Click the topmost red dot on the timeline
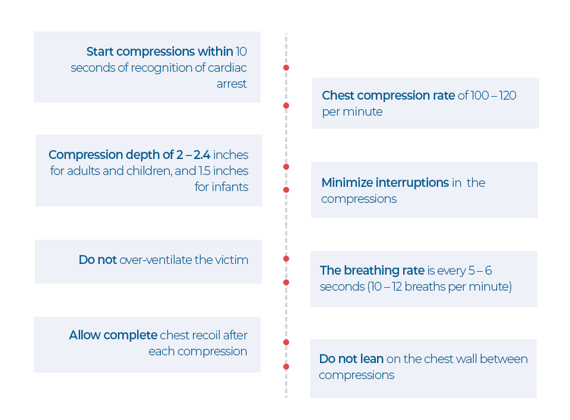click(x=286, y=68)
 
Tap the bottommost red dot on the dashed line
click(x=286, y=367)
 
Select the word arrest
click(x=232, y=84)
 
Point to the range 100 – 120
click(x=493, y=95)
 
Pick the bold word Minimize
click(x=347, y=183)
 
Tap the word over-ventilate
click(x=156, y=260)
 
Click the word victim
click(x=232, y=260)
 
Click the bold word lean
click(x=371, y=359)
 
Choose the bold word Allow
click(x=84, y=335)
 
